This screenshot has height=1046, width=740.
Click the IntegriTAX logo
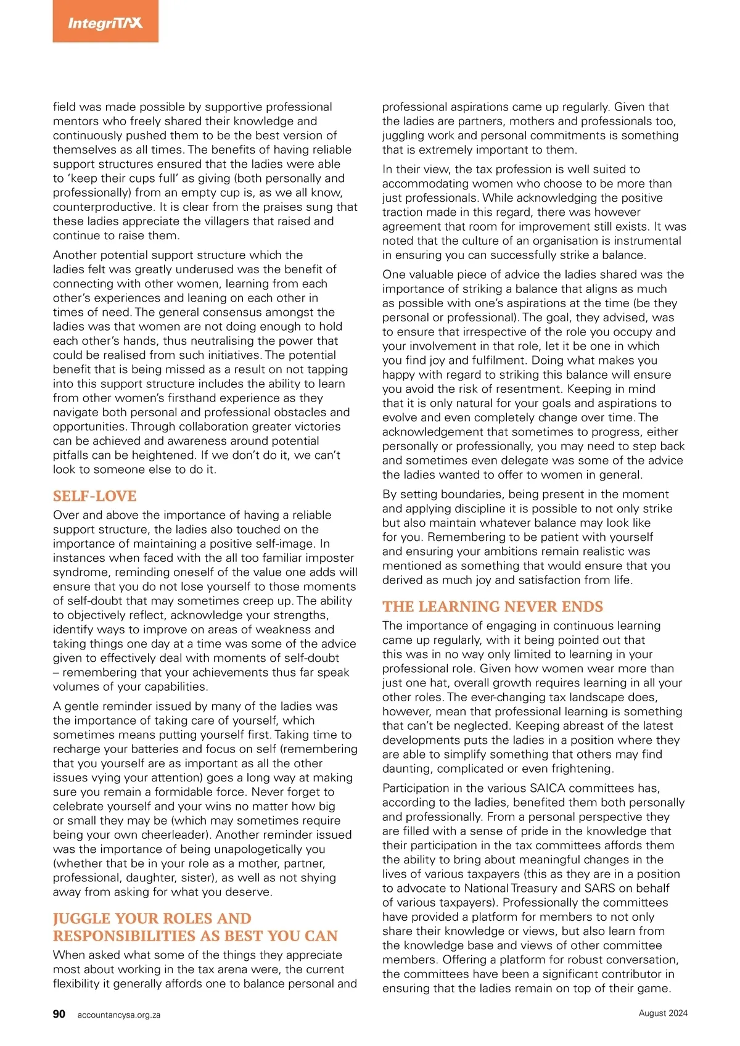pos(105,23)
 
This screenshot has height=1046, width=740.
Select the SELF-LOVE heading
pos(94,496)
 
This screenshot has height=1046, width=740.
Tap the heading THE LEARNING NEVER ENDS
pos(492,606)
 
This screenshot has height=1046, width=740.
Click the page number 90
pos(59,1014)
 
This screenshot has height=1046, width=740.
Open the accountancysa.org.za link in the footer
pos(119,1015)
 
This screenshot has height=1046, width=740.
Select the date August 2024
pos(663,1013)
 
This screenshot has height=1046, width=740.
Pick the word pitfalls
pos(72,455)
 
